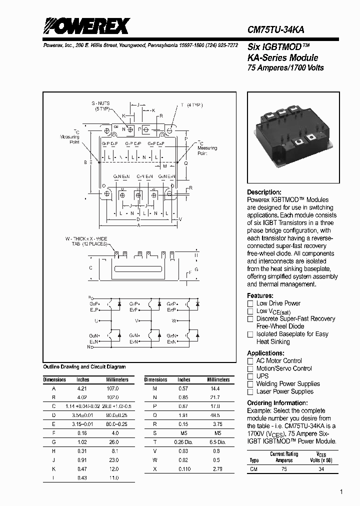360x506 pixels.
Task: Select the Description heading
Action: pos(264,192)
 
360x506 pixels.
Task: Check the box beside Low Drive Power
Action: pos(250,303)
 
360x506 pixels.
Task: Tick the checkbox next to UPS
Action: pos(250,376)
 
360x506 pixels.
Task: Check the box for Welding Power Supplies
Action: pos(250,384)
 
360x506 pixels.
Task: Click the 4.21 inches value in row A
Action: pos(82,388)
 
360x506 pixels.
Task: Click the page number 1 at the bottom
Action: pos(341,492)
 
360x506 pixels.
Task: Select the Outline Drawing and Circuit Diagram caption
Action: pos(84,367)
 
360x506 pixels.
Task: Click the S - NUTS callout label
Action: pos(100,103)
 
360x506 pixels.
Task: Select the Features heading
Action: pos(260,295)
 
